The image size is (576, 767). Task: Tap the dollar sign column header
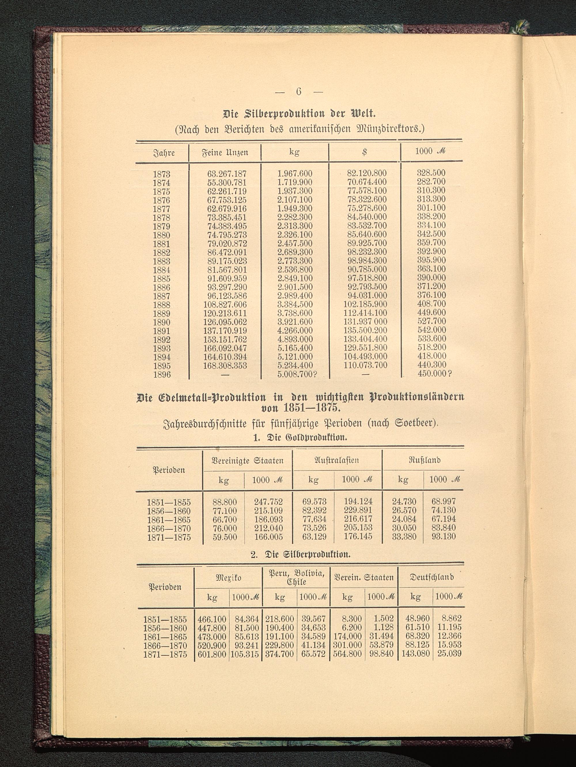364,152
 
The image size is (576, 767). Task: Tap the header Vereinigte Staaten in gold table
247,460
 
